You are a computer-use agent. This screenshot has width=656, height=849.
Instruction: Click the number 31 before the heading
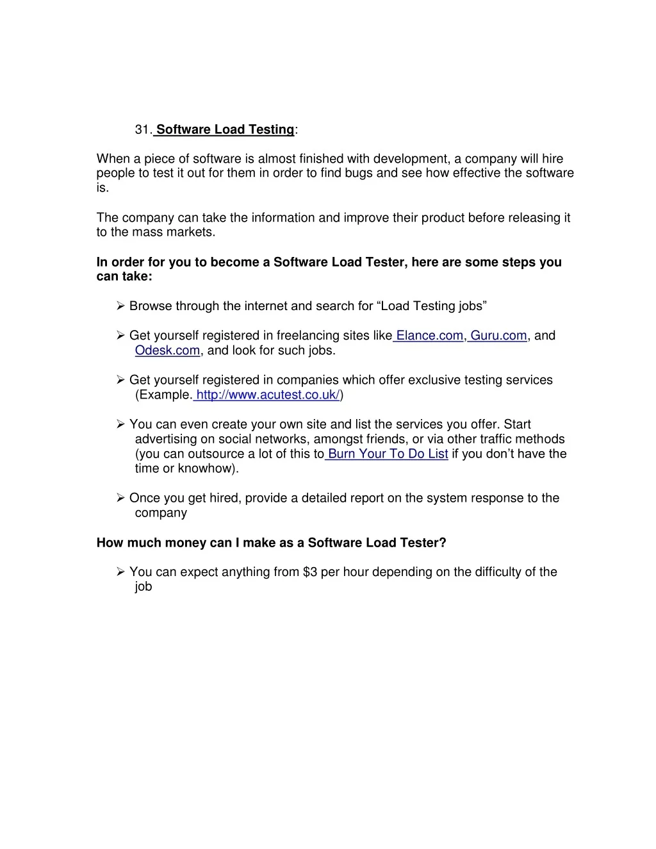point(142,129)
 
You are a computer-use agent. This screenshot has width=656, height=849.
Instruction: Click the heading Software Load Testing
point(225,129)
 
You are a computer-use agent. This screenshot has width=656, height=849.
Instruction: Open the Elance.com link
point(429,336)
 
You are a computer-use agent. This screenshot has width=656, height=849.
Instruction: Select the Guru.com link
point(498,336)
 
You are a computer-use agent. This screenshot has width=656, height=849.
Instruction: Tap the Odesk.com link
point(167,350)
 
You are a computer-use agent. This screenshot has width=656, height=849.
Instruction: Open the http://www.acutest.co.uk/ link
point(267,395)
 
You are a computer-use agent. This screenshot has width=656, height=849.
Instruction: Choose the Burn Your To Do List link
point(388,454)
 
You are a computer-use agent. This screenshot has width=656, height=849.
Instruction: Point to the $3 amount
point(310,572)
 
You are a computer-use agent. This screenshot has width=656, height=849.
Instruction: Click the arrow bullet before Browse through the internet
point(120,306)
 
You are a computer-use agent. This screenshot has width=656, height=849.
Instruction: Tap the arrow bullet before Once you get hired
point(120,499)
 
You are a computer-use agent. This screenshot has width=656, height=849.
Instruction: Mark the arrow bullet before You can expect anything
point(120,572)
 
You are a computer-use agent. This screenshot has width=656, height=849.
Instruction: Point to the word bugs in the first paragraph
point(357,174)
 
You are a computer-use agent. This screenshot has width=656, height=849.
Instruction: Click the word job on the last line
point(143,587)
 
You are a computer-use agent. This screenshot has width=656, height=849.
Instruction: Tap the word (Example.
point(163,395)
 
